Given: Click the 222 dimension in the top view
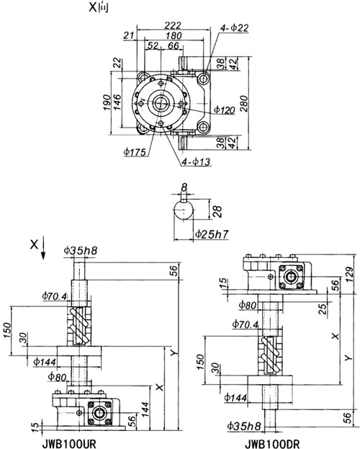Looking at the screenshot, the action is tap(173, 25).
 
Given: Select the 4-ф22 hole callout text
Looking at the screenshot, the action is tap(235, 28).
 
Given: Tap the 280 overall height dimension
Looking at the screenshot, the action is tap(244, 104).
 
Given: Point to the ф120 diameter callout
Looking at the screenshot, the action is tap(225, 110).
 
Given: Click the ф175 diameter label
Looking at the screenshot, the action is tap(135, 152).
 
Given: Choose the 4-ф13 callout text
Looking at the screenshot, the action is tap(197, 161).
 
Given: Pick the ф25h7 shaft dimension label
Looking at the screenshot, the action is tap(212, 234).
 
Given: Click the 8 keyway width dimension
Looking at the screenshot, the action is tap(184, 187).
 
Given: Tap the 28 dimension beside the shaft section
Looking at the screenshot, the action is tap(217, 211).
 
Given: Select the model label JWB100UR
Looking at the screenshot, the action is tap(69, 444).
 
